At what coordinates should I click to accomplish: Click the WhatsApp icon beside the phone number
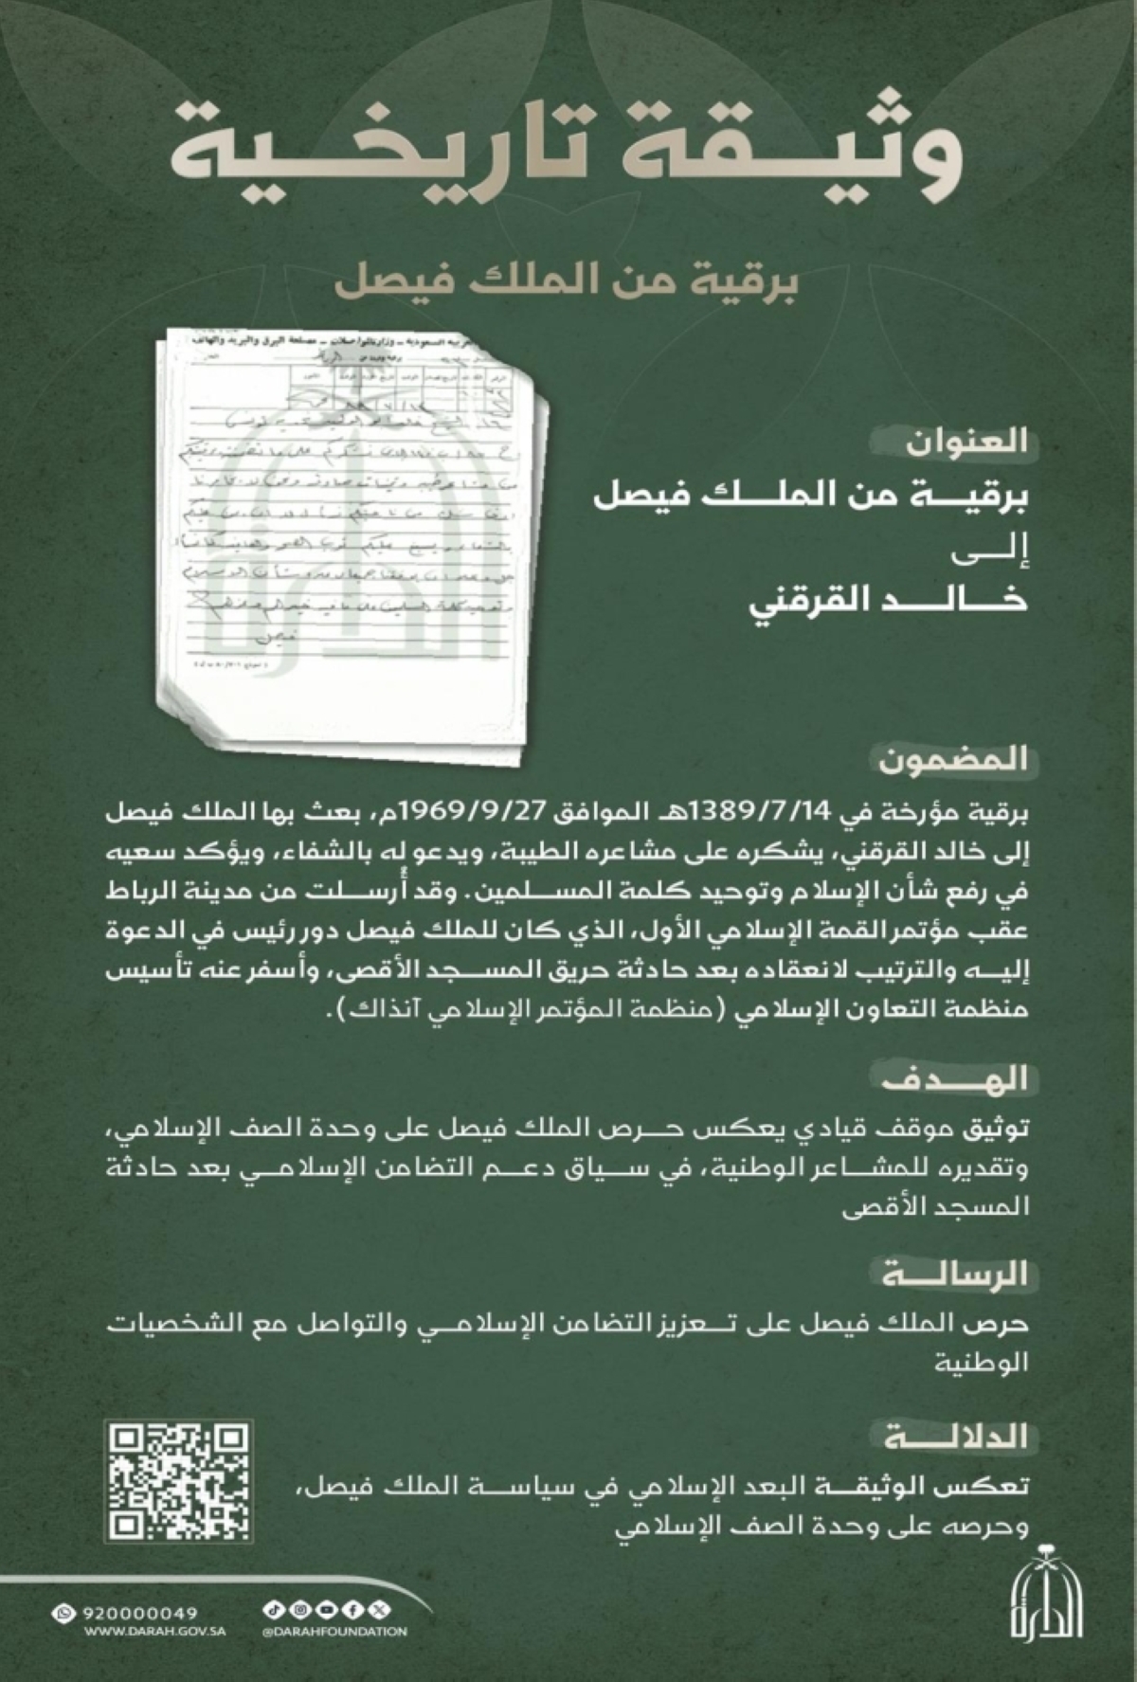click(x=65, y=1612)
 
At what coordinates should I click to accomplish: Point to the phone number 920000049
click(x=139, y=1612)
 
